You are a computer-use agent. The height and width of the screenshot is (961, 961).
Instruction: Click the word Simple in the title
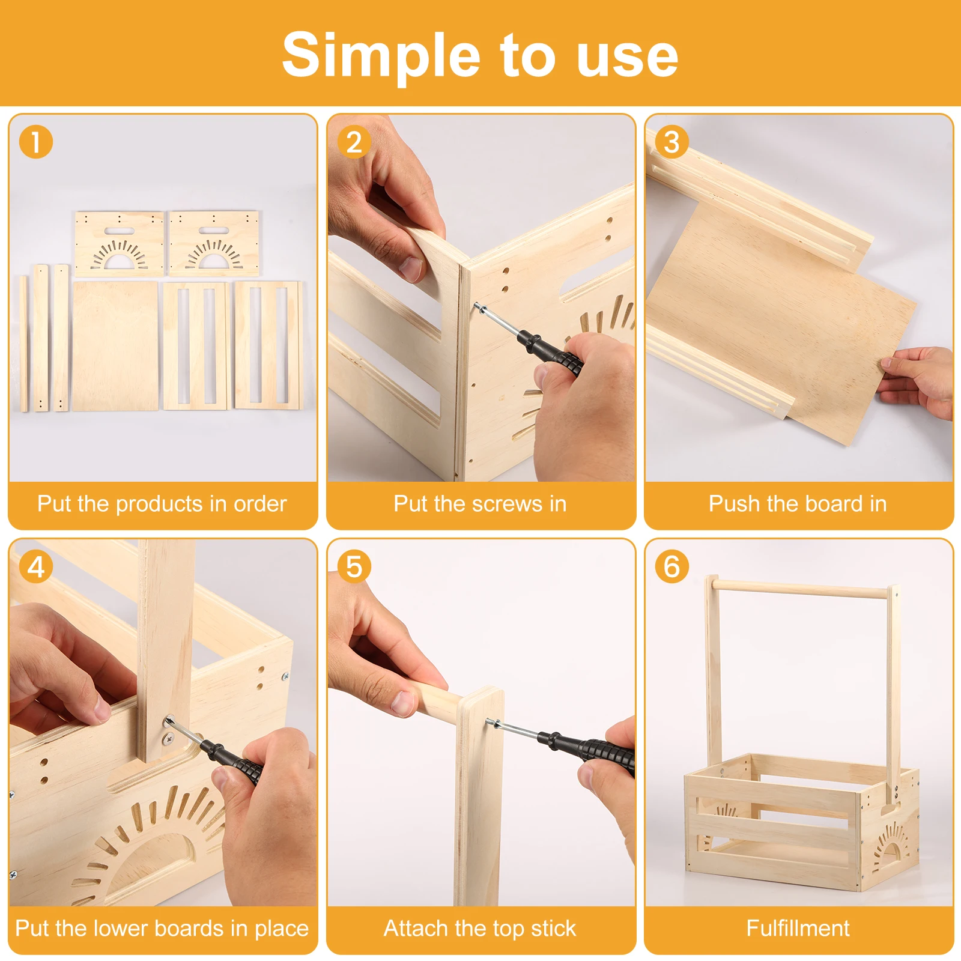(x=381, y=56)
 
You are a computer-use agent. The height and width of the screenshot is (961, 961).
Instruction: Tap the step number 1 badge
(x=36, y=142)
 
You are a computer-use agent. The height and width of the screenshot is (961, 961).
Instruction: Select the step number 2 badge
(x=354, y=142)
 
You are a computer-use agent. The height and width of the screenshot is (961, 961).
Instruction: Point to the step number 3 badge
(x=671, y=142)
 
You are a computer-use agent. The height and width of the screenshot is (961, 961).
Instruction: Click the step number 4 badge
(x=36, y=567)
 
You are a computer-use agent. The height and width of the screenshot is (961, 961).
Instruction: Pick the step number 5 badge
(x=354, y=567)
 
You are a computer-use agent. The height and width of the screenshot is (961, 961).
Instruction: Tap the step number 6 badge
(x=671, y=567)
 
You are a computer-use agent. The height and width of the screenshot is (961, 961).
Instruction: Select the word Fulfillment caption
(x=798, y=928)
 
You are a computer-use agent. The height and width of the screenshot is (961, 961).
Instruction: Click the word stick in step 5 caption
(x=553, y=928)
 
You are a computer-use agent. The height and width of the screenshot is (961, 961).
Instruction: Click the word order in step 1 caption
(x=260, y=504)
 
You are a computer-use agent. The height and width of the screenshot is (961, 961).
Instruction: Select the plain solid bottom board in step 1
(x=115, y=347)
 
